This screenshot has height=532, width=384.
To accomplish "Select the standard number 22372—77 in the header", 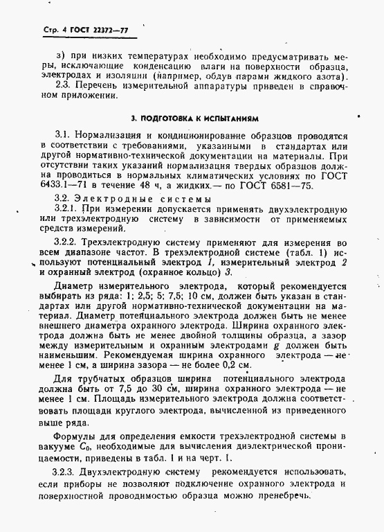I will [x=113, y=31].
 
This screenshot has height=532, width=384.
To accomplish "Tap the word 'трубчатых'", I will [x=104, y=378].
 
